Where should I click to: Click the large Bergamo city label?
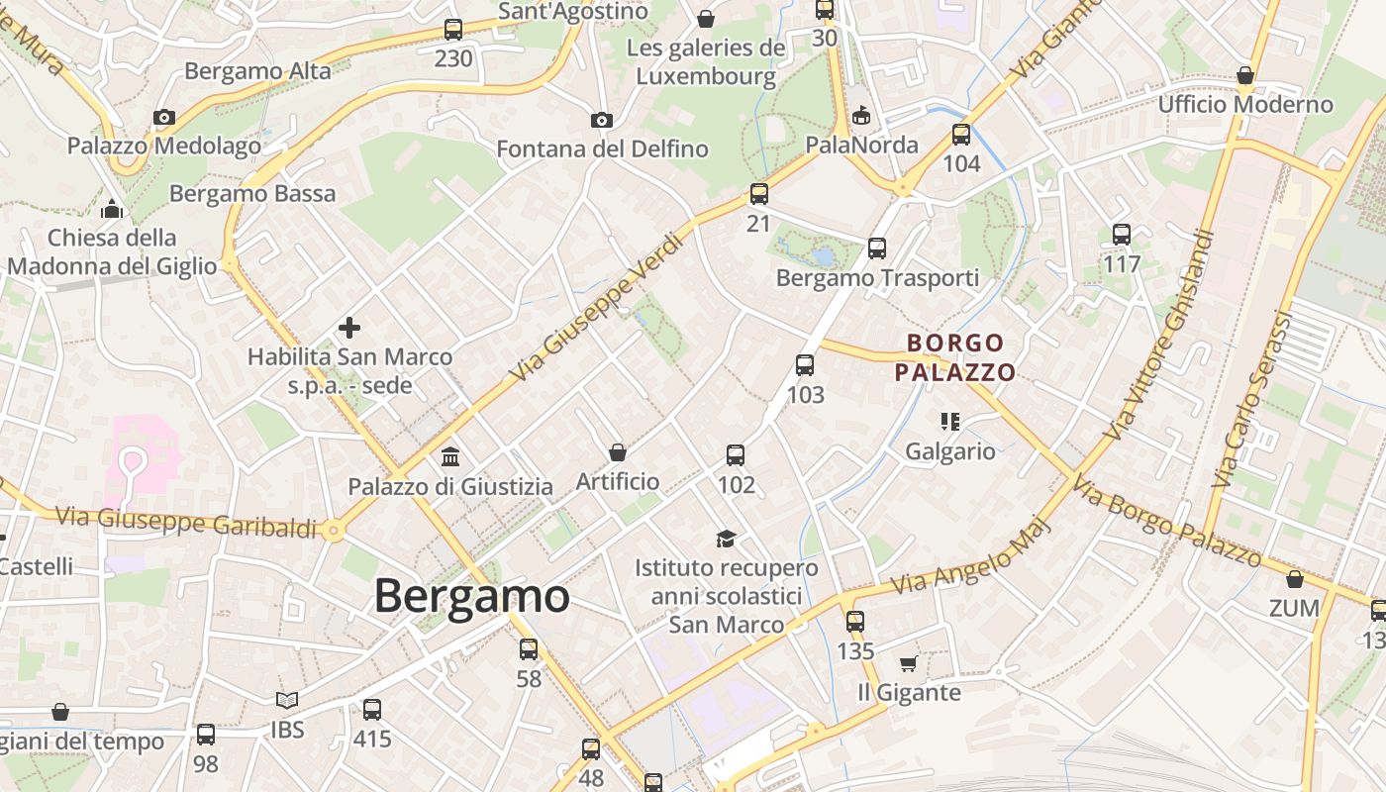[471, 596]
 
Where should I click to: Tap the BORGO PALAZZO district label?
[955, 357]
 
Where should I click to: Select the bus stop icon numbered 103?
[805, 365]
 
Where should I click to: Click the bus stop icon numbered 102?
[736, 455]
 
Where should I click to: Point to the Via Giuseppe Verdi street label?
[598, 307]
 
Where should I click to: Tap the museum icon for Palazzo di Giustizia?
[450, 456]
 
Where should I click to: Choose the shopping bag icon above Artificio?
[618, 452]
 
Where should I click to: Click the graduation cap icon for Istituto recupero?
[727, 539]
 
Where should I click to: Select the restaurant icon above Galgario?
[950, 422]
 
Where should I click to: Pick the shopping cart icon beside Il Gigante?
[909, 663]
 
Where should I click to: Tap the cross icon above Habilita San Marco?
[349, 327]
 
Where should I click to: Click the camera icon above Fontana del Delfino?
[601, 120]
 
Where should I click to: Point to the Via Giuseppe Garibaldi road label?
[186, 522]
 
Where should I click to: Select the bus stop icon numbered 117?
[1122, 235]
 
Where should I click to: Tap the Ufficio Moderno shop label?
[1245, 104]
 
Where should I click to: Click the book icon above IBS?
[287, 701]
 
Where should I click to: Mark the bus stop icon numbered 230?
[453, 30]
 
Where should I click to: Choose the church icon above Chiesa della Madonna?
[112, 209]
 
